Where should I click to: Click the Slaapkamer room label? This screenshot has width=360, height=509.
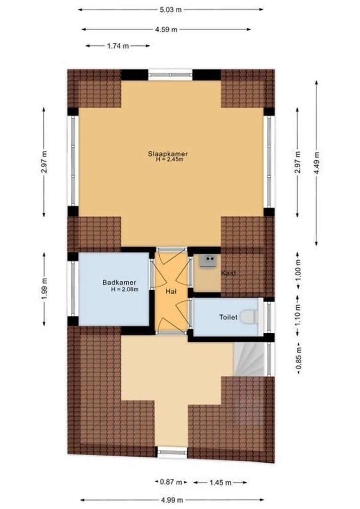coord(168,154)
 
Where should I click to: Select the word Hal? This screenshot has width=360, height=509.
coord(171,292)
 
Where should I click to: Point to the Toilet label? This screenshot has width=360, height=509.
coord(228,317)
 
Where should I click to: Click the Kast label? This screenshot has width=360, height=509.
coord(229,273)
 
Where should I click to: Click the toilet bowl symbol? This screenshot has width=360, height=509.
coord(248,317)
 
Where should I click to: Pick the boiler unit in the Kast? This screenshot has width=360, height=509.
coord(207,261)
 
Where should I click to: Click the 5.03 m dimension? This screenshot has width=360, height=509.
coord(171,9)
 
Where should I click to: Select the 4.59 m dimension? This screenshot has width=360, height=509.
coord(166,29)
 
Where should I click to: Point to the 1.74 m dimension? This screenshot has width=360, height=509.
coord(117,46)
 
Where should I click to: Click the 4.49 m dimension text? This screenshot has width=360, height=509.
coord(317,163)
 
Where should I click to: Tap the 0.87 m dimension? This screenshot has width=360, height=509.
coord(171,482)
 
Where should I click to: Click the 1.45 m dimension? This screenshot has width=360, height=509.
coord(220,482)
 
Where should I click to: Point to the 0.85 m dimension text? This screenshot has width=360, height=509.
coord(298,358)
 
